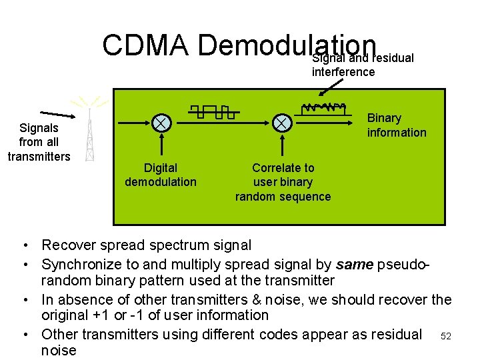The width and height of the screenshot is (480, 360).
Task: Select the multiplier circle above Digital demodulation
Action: [x=161, y=123]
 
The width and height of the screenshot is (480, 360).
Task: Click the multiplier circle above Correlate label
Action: [x=282, y=123]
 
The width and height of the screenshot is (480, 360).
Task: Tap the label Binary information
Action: [x=396, y=125]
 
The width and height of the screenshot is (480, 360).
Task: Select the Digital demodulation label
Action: [x=161, y=175]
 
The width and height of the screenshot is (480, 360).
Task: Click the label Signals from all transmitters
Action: [x=39, y=142]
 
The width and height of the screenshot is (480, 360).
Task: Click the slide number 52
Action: [x=447, y=337]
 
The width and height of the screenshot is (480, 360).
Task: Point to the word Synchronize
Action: [x=83, y=265]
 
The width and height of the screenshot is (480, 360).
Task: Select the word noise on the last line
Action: [x=59, y=351]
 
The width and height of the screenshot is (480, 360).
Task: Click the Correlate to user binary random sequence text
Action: [x=283, y=182]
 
